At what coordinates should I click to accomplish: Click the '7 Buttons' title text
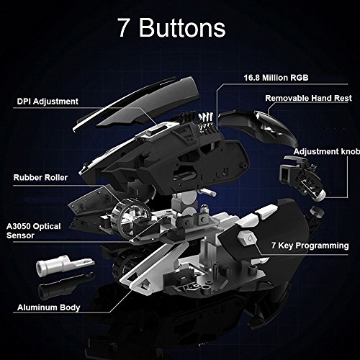[x=171, y=27]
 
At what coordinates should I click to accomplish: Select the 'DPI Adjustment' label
[x=48, y=102]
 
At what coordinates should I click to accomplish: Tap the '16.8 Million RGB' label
[x=276, y=78]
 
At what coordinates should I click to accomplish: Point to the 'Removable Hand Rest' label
[x=308, y=98]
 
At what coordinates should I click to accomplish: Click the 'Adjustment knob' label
[x=327, y=151]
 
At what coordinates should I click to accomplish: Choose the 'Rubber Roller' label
[x=40, y=177]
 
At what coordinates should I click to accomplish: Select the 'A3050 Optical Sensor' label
[x=33, y=230]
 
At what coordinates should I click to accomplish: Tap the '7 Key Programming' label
[x=310, y=246]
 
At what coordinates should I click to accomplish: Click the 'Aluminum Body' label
[x=48, y=307]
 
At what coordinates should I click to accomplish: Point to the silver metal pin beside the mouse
[x=64, y=265]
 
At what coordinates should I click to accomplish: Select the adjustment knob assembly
[x=304, y=176]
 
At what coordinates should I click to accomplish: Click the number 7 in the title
[x=124, y=28]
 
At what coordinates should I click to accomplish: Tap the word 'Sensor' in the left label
[x=20, y=235]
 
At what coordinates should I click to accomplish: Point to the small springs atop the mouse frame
[x=205, y=121]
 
